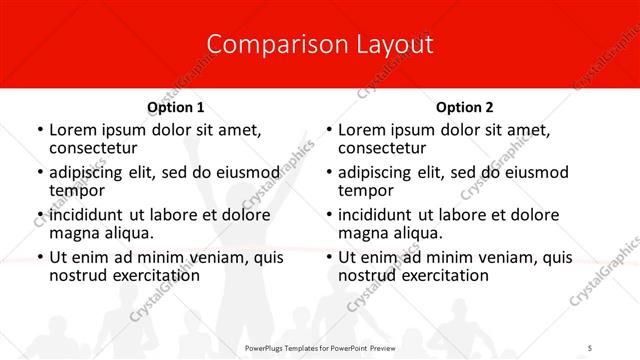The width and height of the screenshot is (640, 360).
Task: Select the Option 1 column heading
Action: [x=176, y=106]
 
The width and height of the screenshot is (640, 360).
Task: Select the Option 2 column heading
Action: [x=465, y=106]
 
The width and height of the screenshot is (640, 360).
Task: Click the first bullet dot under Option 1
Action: [x=40, y=130]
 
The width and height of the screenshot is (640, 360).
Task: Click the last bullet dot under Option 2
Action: [x=329, y=257]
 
